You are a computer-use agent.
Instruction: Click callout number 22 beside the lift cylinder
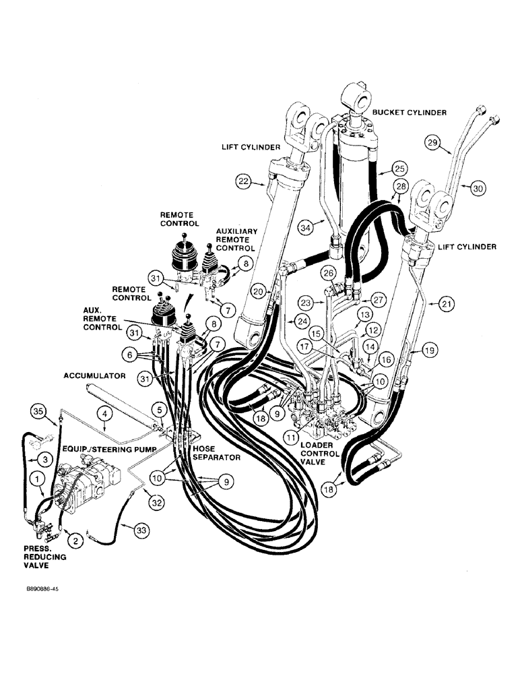point(244,180)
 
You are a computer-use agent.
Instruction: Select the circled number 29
point(432,142)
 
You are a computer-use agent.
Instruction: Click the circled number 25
point(400,168)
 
